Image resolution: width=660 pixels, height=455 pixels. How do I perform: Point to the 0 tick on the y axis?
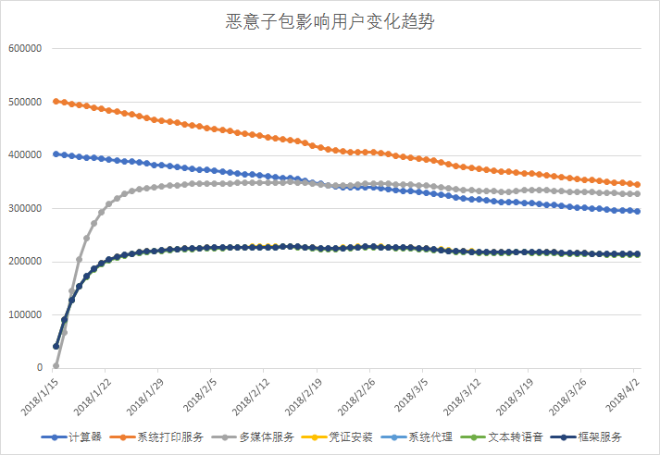click(38, 368)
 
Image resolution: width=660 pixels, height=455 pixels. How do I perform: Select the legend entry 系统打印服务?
click(167, 437)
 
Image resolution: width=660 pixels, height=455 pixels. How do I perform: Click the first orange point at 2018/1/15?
click(56, 102)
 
